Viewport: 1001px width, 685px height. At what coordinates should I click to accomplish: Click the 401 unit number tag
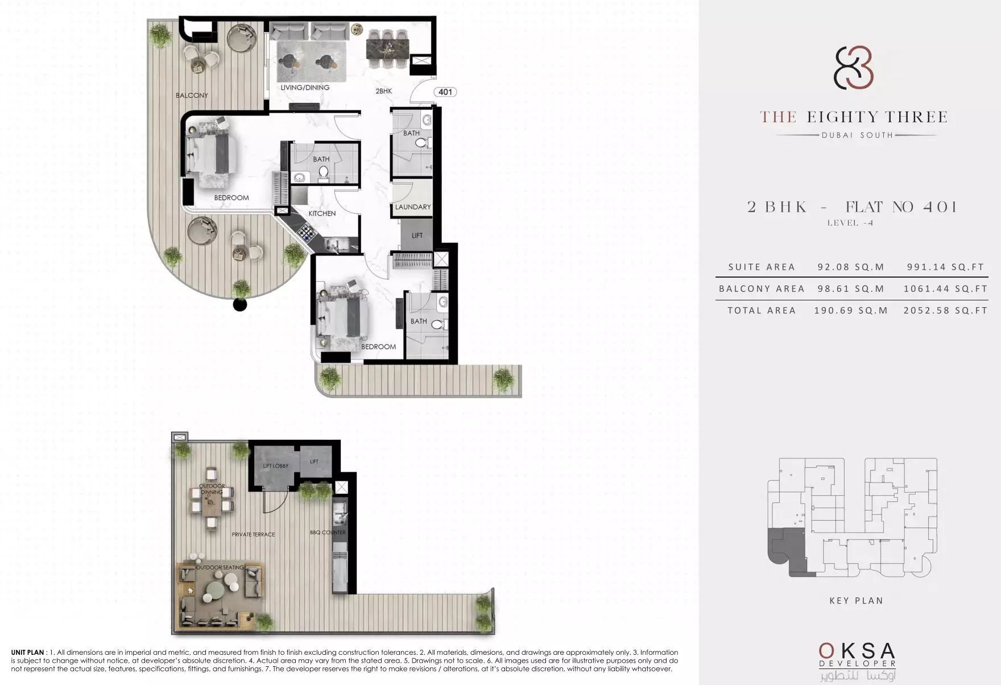click(x=445, y=92)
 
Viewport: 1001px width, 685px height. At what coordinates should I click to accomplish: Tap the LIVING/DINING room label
click(x=305, y=88)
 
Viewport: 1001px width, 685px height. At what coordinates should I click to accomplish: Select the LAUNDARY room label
click(x=413, y=207)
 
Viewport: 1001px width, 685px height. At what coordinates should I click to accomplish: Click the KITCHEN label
click(x=322, y=213)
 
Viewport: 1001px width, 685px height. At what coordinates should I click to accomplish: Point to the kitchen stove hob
click(x=307, y=231)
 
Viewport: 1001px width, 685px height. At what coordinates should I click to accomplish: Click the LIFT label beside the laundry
click(x=417, y=235)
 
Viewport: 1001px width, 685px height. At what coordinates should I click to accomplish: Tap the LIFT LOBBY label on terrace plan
click(x=276, y=466)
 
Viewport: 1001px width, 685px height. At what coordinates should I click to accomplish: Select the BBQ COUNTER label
click(x=328, y=533)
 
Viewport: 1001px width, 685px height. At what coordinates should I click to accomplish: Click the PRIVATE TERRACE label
click(x=253, y=535)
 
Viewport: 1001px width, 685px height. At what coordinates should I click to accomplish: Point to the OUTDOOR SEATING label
click(x=220, y=568)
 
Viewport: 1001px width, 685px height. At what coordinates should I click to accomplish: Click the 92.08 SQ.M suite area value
click(x=851, y=267)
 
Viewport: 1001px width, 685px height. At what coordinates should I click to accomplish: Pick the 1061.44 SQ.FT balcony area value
click(x=946, y=288)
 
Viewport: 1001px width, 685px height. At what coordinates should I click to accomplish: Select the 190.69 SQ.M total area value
click(x=851, y=310)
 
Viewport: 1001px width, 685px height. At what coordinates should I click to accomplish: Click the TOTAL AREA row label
click(x=762, y=310)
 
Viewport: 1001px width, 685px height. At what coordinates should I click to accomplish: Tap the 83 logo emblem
click(x=853, y=68)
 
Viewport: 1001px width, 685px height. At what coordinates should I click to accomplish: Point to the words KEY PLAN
click(x=856, y=600)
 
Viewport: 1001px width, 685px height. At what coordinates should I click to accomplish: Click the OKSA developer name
click(x=857, y=651)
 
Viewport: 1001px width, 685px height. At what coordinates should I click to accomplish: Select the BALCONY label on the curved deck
click(x=192, y=95)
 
